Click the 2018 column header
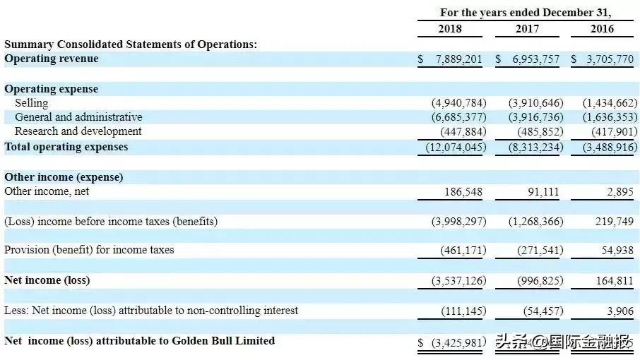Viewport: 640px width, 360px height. click(449, 29)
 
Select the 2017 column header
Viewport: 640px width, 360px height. click(526, 29)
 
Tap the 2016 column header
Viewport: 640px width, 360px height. click(602, 29)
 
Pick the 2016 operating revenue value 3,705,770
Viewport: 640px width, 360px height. click(606, 59)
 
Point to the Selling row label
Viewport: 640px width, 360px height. click(31, 103)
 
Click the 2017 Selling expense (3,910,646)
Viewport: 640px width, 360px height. click(535, 103)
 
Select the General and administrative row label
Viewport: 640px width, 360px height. click(78, 117)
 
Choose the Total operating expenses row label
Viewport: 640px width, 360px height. click(66, 147)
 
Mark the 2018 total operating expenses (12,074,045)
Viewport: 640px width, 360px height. click(456, 148)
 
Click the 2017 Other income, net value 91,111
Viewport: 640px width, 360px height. click(543, 191)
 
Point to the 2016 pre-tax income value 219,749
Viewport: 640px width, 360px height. click(615, 222)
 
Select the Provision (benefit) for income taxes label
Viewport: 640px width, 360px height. click(89, 250)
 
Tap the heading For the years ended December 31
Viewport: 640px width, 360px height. click(526, 13)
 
